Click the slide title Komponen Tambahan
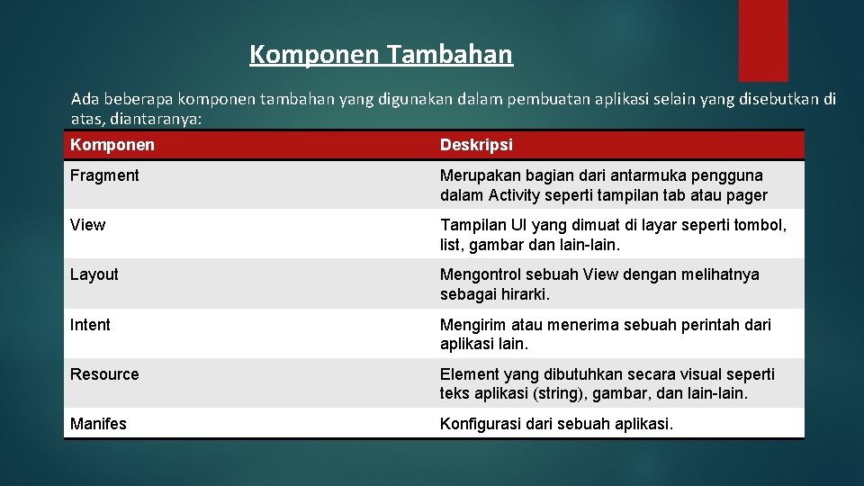pos(381,55)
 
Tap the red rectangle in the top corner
pos(763,40)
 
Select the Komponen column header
pos(112,145)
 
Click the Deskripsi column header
pos(476,145)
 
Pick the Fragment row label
pos(104,175)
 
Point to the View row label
pos(87,225)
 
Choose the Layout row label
pos(94,274)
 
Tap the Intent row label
pos(90,325)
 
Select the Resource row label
pos(104,374)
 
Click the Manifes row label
pos(98,424)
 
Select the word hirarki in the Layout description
pos(521,294)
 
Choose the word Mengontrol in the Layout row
pos(481,274)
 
